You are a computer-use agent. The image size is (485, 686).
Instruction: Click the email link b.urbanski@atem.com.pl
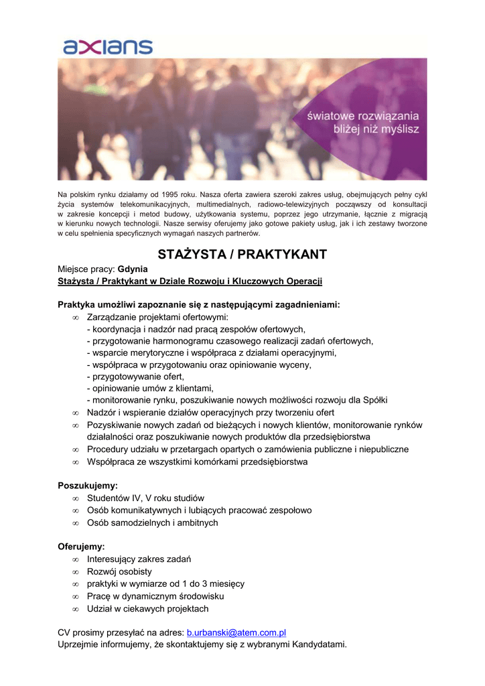coord(236,632)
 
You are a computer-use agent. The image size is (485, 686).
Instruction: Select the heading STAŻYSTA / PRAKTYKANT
coord(242,255)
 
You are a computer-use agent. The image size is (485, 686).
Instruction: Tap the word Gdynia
coord(133,269)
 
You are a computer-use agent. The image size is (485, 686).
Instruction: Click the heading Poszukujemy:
coord(88,485)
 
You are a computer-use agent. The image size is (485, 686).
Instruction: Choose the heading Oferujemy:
coord(81,547)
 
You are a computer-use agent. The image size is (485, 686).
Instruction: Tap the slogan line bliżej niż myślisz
coord(376,129)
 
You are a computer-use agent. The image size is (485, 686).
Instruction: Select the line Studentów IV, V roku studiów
coord(145,498)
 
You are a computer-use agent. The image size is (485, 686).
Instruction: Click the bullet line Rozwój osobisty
coord(119,571)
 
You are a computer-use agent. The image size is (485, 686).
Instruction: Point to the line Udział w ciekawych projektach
coord(147,609)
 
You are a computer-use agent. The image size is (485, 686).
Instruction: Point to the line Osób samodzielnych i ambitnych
coord(152,523)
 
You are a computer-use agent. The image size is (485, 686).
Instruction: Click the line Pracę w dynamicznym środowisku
coord(155,596)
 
